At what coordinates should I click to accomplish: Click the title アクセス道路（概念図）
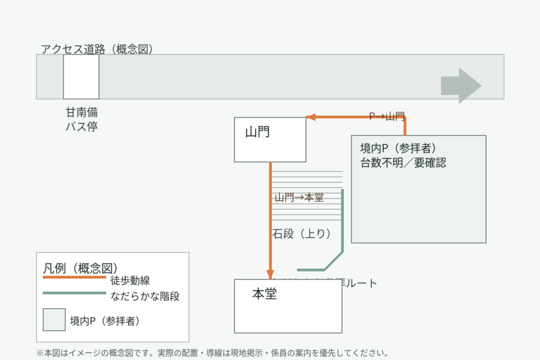point(97,50)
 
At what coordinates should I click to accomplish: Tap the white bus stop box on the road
point(81,76)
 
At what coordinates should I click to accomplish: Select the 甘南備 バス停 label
point(81,120)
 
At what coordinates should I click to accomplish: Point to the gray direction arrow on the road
point(460,85)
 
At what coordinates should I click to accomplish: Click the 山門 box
point(270,140)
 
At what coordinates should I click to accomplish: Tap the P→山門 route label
point(387,116)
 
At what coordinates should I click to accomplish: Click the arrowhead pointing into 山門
point(310,118)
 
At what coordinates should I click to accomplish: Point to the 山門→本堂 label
point(299,198)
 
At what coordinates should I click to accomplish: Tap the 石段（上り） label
point(302,233)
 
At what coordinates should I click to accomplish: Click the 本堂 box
point(288,306)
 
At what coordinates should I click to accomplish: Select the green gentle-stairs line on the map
point(342,227)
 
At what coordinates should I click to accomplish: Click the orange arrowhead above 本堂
point(270,275)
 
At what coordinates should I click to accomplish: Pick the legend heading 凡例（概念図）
point(80,267)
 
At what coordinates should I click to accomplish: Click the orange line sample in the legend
point(74,277)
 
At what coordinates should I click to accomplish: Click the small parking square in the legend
point(54,319)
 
